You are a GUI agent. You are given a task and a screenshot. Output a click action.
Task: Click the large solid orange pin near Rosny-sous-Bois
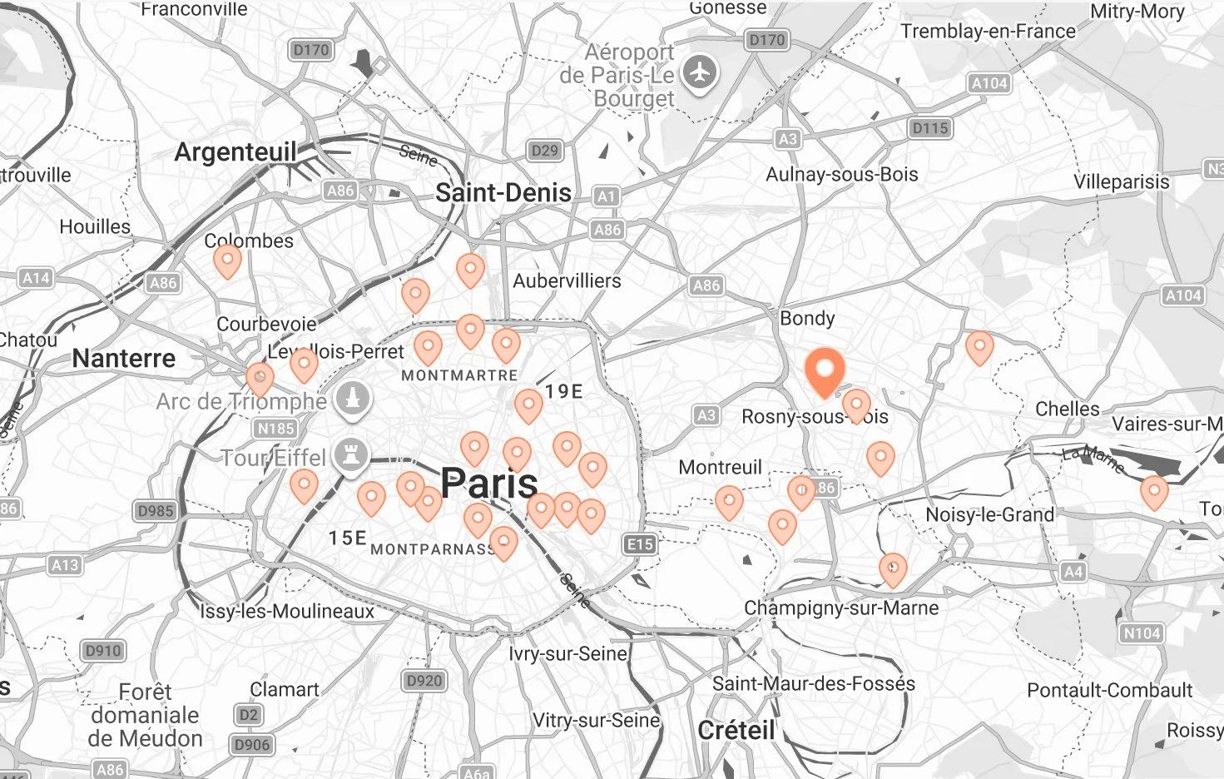pyautogui.click(x=825, y=371)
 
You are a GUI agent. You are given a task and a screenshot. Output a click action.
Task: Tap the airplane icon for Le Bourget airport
pyautogui.click(x=700, y=72)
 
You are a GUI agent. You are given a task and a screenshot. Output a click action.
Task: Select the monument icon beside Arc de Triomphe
pyautogui.click(x=353, y=399)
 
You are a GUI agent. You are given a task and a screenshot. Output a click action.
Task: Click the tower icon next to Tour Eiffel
pyautogui.click(x=350, y=455)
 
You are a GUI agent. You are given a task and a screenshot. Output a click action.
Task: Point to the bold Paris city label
pyautogui.click(x=488, y=483)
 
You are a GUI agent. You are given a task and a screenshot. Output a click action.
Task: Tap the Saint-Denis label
pyautogui.click(x=503, y=193)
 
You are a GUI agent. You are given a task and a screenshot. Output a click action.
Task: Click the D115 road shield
pyautogui.click(x=929, y=128)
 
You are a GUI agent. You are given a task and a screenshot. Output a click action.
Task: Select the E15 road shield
pyautogui.click(x=639, y=544)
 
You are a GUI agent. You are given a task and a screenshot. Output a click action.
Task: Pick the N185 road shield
pyautogui.click(x=275, y=429)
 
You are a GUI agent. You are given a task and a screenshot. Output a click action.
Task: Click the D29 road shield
pyautogui.click(x=544, y=151)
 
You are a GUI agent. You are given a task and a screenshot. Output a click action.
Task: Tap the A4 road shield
pyautogui.click(x=1073, y=572)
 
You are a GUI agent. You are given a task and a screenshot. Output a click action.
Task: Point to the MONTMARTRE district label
pyautogui.click(x=459, y=376)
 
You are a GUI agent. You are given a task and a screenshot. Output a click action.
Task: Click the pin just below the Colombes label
pyautogui.click(x=227, y=260)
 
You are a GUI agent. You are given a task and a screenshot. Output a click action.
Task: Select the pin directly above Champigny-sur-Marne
pyautogui.click(x=893, y=569)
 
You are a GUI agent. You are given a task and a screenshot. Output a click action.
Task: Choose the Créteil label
pyautogui.click(x=736, y=731)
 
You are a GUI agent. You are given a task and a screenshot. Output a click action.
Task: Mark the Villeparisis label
pyautogui.click(x=1121, y=182)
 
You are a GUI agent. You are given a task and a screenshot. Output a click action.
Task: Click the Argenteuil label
pyautogui.click(x=235, y=152)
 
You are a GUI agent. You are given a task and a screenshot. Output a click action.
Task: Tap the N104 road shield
pyautogui.click(x=1141, y=633)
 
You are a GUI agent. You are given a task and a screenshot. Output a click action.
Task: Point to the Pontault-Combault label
pyautogui.click(x=1109, y=691)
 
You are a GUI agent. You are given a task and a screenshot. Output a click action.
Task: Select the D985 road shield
pyautogui.click(x=156, y=511)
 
